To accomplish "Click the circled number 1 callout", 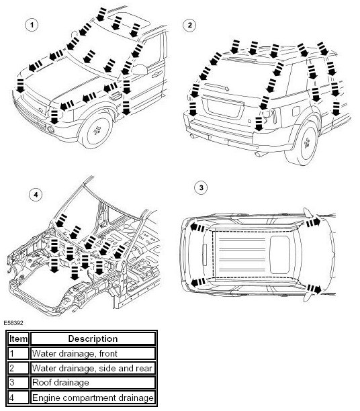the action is [32, 25].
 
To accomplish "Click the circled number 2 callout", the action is [189, 25].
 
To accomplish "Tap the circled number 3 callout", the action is [201, 187].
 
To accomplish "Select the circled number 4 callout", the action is [36, 195].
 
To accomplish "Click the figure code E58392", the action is [13, 323].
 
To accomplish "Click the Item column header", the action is [18, 338].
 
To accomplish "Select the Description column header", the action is [93, 338].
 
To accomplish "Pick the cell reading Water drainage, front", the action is [93, 353].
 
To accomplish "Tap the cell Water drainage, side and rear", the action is [93, 368].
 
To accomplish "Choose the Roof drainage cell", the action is [93, 382].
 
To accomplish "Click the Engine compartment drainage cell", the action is [93, 398].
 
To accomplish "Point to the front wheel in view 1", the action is [96, 130].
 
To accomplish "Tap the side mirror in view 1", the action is [139, 69].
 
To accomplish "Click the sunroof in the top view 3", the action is [279, 255].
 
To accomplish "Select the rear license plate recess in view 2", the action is [223, 107].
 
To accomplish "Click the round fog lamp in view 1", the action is [50, 129].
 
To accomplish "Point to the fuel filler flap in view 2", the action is [296, 111].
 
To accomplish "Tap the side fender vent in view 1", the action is [115, 96].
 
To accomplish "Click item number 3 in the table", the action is [12, 382].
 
